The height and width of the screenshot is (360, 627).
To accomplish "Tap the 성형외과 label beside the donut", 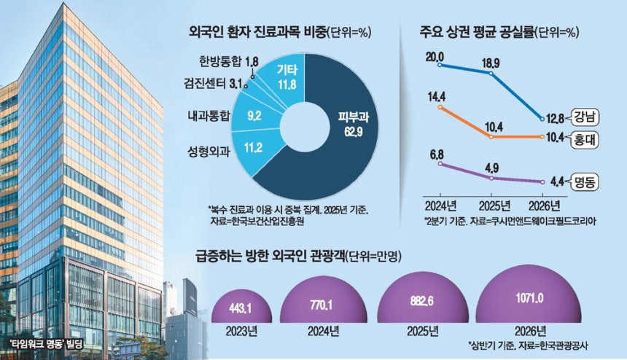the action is (x=209, y=152).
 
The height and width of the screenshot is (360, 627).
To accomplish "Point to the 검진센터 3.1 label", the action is (x=214, y=84).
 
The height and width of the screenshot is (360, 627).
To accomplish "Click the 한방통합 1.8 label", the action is (x=229, y=62).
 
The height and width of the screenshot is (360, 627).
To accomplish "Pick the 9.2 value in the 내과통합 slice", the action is (x=254, y=116).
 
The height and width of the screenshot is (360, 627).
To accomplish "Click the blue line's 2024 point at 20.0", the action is (x=440, y=65).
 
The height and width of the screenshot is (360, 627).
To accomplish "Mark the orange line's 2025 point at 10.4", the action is (x=491, y=137).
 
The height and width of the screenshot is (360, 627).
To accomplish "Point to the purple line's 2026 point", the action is (x=542, y=181).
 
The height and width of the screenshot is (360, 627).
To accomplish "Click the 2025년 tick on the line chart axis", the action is (x=494, y=206).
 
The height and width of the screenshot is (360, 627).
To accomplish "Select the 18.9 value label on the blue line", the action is (x=491, y=63).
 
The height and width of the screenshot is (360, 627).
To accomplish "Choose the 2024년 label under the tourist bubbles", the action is (x=323, y=332).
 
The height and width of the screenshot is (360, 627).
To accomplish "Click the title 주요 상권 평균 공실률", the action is (x=477, y=32).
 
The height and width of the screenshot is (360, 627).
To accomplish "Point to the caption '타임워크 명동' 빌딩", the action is (x=47, y=344).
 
